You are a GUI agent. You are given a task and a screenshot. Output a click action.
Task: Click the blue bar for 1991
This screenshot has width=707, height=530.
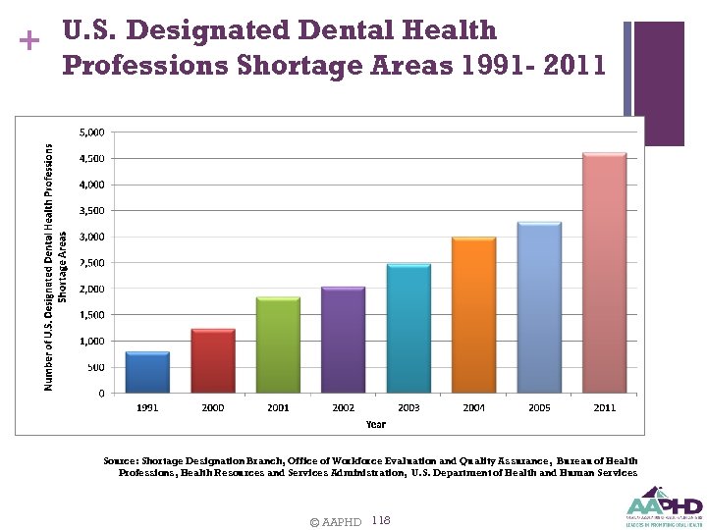pos(147,373)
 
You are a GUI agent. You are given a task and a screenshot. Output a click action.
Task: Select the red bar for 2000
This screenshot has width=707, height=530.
pos(213,361)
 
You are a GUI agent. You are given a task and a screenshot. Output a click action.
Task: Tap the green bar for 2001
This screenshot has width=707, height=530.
pos(278,345)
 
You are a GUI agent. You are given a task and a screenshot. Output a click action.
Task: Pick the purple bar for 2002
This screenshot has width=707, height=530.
pos(343,341)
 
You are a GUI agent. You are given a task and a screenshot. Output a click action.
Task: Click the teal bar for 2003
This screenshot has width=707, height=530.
pos(408,329)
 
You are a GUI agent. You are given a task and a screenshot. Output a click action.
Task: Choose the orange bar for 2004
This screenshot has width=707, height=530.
pos(473,315)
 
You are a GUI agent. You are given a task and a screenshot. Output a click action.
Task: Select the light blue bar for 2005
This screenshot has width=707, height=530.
pos(538,308)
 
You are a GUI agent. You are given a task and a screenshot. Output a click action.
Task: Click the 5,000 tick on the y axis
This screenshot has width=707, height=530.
pos(92,132)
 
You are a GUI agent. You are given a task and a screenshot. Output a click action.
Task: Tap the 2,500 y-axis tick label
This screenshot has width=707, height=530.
pos(92,263)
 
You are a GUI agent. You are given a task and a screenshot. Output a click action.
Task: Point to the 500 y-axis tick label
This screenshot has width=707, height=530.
pos(96,367)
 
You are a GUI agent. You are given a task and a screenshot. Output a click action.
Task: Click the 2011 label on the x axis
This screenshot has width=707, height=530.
pos(604,407)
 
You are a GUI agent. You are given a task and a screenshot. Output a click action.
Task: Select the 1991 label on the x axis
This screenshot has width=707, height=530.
pos(147,407)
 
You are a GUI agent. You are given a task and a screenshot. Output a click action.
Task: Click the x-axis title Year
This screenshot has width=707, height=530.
pos(376,424)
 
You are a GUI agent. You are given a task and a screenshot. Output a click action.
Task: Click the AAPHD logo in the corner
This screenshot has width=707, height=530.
pos(663,506)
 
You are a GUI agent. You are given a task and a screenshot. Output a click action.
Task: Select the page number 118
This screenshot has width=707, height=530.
pos(382,520)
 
